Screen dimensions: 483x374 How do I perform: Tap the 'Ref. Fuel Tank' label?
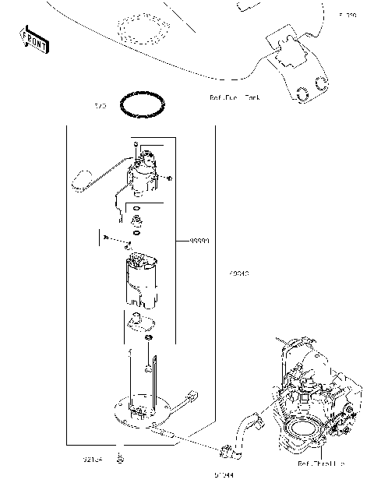234,97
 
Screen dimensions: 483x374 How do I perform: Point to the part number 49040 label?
239,273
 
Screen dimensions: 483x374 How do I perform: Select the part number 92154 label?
93,459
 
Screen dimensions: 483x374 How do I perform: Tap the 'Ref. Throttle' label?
320,464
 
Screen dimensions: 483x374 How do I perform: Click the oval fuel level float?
80,182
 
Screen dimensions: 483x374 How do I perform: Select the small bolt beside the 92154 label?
119,458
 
